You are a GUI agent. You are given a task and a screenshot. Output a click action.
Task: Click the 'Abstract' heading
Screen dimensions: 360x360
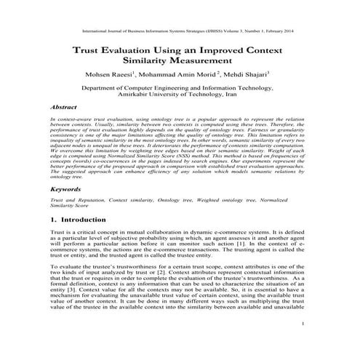pyautogui.click(x=63, y=105)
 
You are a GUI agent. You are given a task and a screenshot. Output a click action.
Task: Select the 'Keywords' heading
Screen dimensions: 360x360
pyautogui.click(x=65, y=188)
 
